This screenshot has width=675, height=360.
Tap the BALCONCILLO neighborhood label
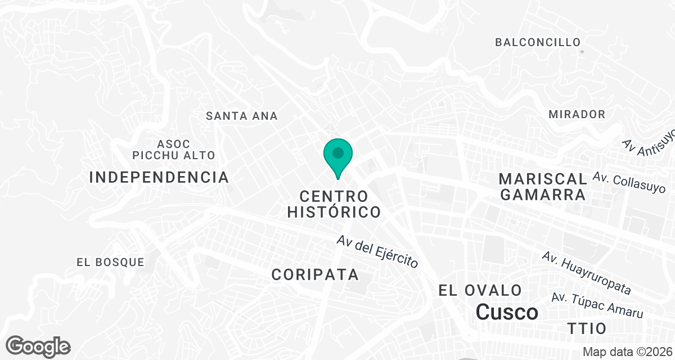[x=537, y=42]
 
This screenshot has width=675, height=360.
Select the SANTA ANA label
[x=242, y=116]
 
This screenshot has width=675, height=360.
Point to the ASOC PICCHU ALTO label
[x=174, y=150]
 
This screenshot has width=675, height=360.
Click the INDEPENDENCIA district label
[x=159, y=178]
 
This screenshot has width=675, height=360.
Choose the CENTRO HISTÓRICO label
[x=334, y=204]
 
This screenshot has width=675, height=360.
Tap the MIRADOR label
[x=577, y=114]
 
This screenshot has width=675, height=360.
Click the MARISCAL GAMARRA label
[x=543, y=187]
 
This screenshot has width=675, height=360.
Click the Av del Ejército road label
[x=377, y=251]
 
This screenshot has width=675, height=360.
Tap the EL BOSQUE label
[x=110, y=262]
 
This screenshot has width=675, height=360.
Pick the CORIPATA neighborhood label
[x=315, y=274]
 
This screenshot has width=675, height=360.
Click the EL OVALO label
[x=480, y=290]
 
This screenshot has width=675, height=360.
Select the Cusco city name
[x=507, y=312]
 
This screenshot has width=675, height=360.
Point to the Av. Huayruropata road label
[x=586, y=273]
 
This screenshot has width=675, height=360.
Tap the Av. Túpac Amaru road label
[x=597, y=305]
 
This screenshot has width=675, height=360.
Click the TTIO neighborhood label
[x=587, y=328]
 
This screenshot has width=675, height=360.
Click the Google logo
[x=38, y=346]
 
